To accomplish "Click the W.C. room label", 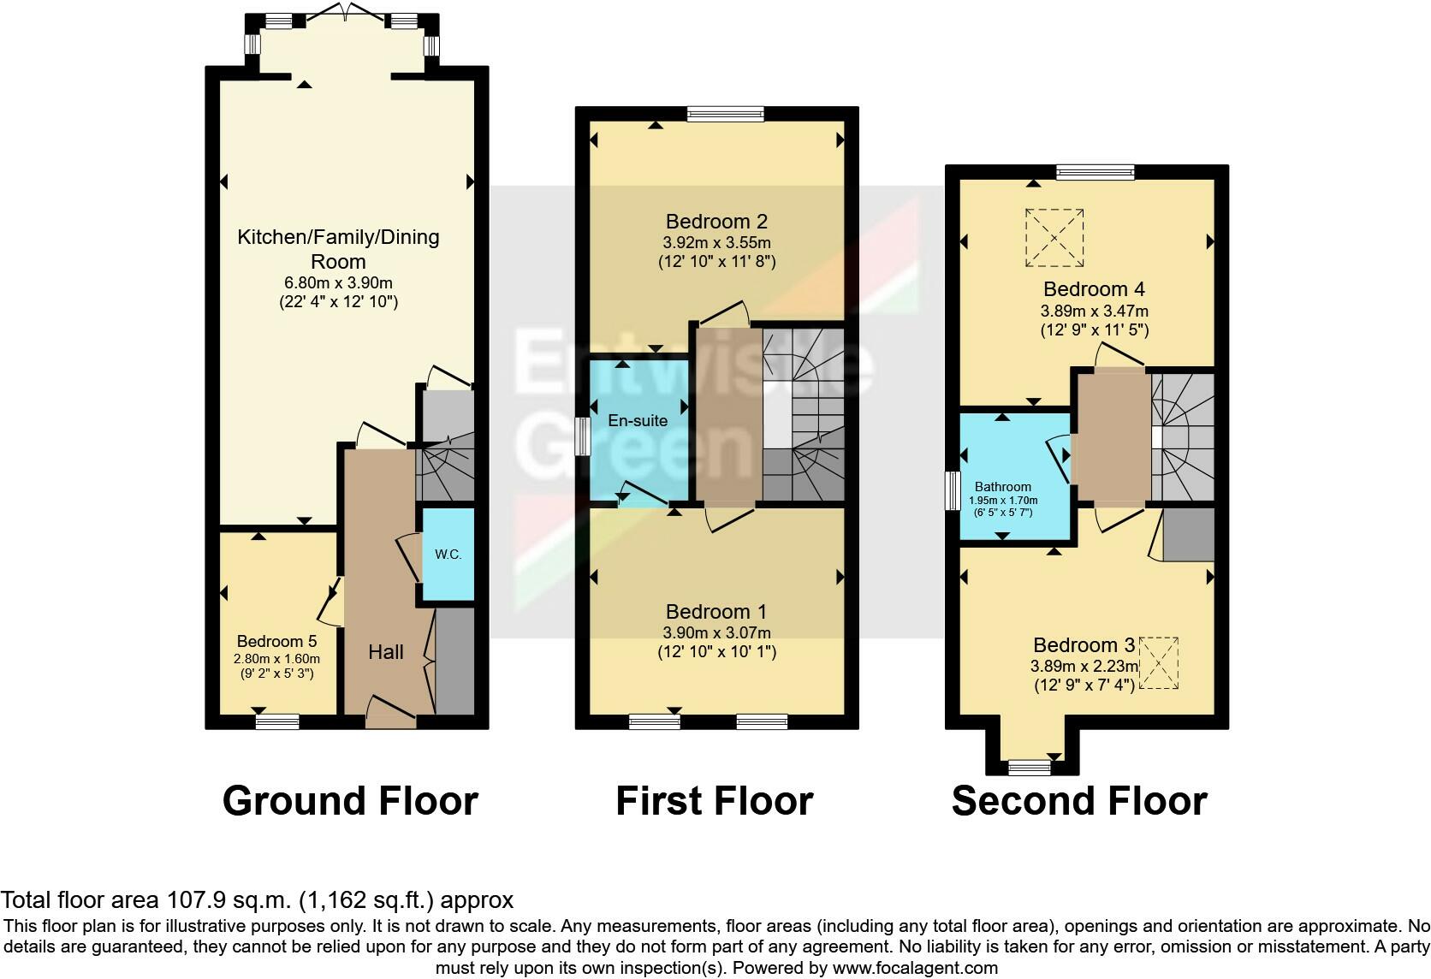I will tap(448, 555).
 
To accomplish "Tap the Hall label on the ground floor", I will tap(386, 652).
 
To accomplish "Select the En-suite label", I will tap(638, 420).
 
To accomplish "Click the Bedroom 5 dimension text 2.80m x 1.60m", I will tap(276, 659).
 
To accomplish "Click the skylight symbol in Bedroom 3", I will tap(1156, 662).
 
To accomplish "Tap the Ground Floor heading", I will tap(350, 801).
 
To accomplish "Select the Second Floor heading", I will tap(1078, 801).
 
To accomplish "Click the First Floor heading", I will tap(714, 801).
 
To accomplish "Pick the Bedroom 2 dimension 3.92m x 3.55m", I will tap(716, 243).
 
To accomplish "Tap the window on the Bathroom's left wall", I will tap(952, 490).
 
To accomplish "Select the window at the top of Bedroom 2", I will tap(725, 114).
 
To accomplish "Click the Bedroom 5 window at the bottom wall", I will tap(277, 722).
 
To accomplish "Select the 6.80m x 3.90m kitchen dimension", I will tap(338, 282).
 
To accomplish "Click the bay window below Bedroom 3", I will tap(1030, 768).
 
